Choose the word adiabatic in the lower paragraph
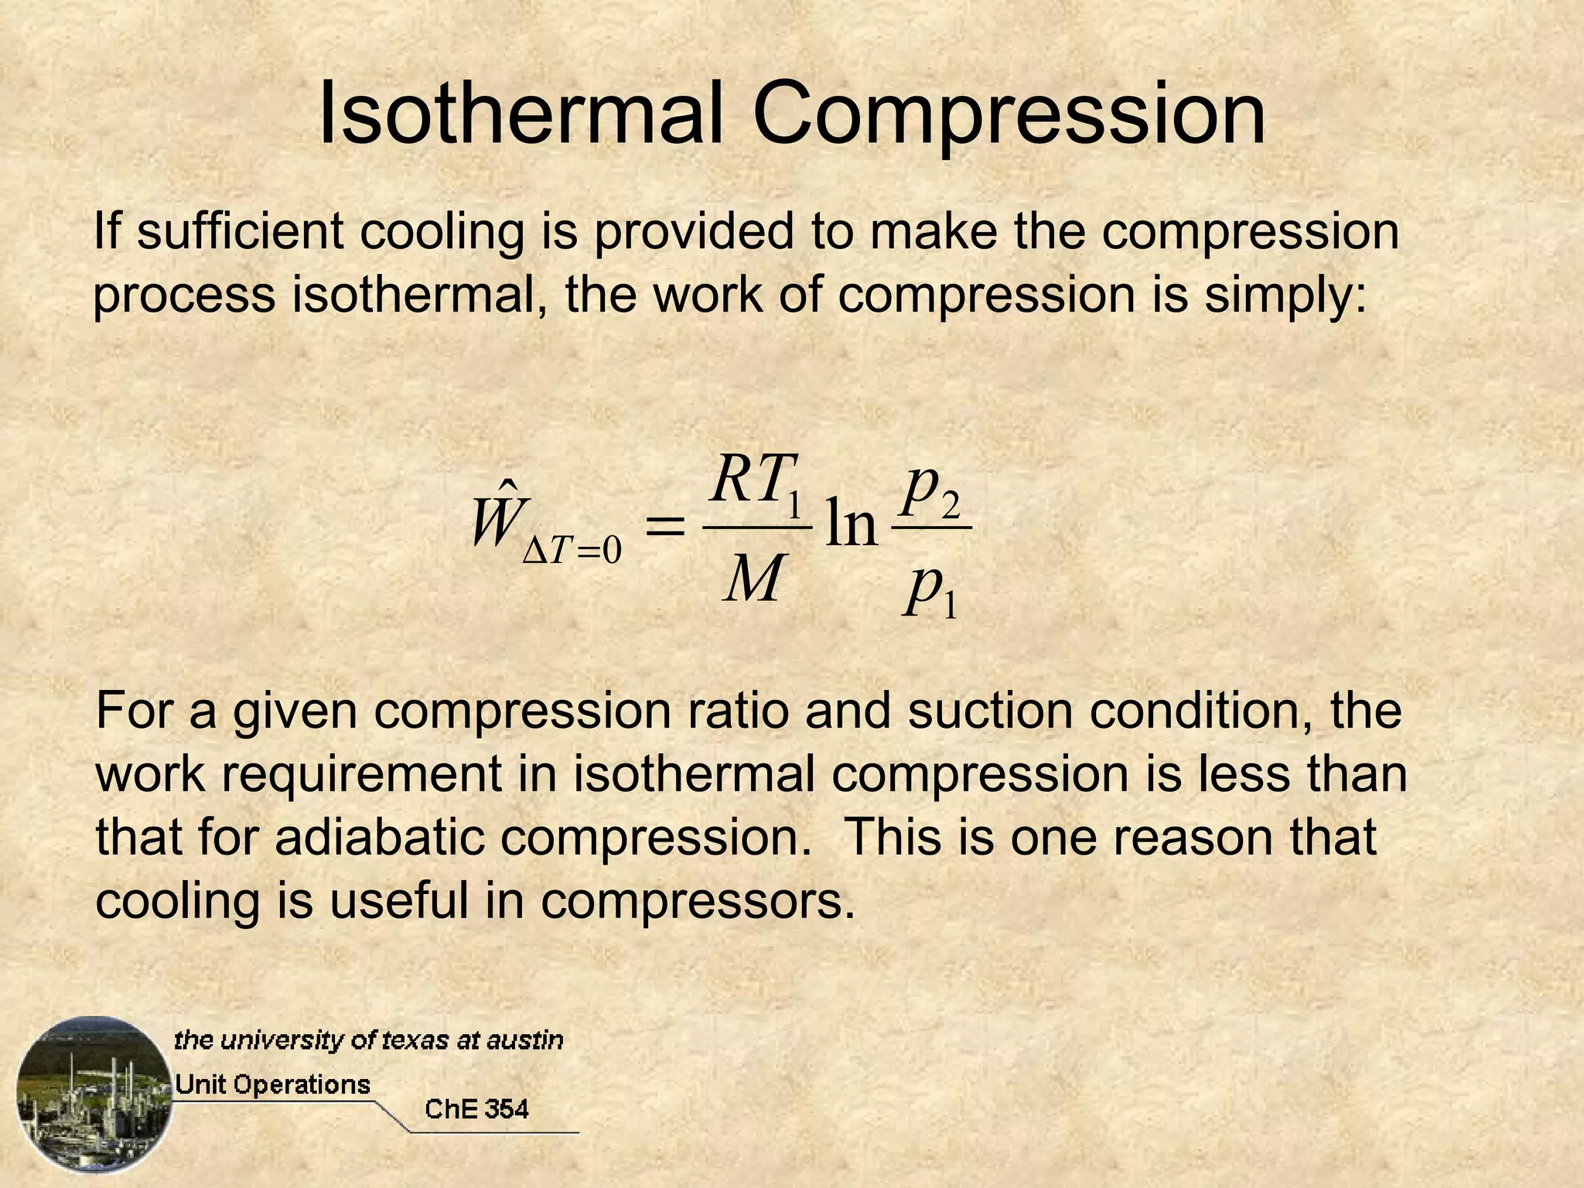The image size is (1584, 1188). [380, 837]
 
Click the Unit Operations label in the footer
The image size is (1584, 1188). [272, 1084]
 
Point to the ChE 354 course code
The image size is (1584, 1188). [476, 1109]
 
